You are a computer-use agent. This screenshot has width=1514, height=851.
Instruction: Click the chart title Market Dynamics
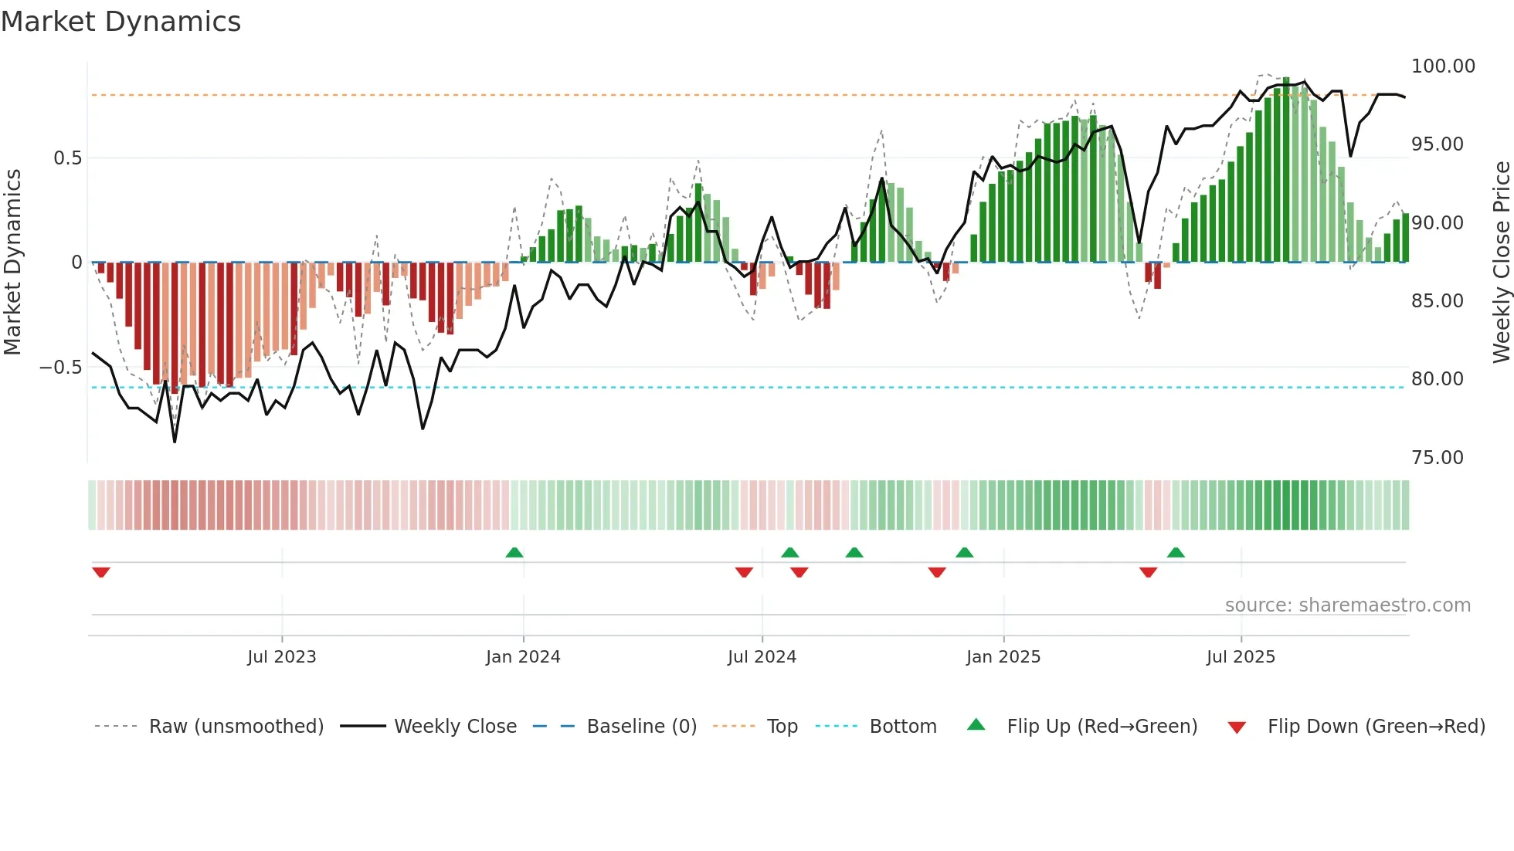pos(121,22)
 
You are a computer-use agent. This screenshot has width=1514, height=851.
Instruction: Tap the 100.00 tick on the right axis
pos(1443,66)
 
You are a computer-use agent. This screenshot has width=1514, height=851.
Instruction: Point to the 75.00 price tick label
pos(1437,458)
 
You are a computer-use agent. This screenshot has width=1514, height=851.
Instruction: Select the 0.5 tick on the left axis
pos(67,158)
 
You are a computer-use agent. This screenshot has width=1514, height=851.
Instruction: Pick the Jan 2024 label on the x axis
pos(523,657)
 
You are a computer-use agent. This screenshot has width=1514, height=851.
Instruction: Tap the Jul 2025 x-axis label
pos(1241,657)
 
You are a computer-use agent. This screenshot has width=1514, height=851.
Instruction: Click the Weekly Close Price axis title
pos(1501,263)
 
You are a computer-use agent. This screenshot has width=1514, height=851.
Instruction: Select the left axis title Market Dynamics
pos(12,263)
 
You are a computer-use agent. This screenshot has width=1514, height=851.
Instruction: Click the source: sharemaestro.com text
pos(1347,605)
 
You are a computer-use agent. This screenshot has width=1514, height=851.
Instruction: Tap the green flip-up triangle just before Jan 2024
pos(514,552)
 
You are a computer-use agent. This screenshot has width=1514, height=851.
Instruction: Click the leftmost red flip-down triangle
pos(101,572)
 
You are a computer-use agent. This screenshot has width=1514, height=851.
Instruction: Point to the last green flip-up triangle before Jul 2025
pos(1176,552)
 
